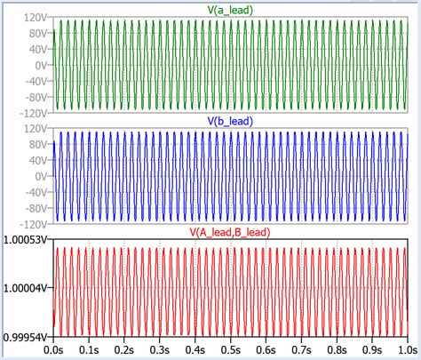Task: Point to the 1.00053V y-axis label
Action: pos(26,240)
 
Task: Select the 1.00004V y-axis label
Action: pos(26,286)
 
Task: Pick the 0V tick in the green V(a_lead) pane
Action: pos(40,66)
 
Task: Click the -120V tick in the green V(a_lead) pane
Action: pos(32,113)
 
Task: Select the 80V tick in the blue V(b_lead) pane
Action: pos(36,144)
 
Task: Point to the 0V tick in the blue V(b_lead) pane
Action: pos(40,176)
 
